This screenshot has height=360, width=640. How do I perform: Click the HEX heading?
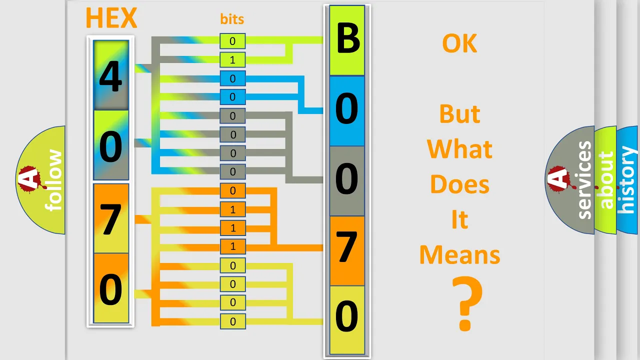111,18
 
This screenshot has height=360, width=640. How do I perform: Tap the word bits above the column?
232,19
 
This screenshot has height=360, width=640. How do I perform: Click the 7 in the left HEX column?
110,219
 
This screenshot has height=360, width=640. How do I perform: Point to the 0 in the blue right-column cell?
346,108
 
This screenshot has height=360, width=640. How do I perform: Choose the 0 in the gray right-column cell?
346,178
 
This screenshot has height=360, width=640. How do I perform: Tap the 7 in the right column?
346,246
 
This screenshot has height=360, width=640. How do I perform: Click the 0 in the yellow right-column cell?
346,315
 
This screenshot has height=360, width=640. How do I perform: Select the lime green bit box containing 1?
232,59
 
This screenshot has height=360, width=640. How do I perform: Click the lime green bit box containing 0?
232,41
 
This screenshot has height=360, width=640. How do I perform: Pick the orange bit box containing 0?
232,190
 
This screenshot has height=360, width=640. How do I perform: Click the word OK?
459,43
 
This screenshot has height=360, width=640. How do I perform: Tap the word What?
459,149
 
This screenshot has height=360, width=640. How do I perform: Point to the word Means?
459,254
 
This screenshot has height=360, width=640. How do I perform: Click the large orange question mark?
467,303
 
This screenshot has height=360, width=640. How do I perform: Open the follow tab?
53,180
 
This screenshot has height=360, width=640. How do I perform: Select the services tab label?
584,180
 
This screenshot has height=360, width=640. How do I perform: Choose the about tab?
606,180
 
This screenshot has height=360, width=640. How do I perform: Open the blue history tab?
627,180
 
